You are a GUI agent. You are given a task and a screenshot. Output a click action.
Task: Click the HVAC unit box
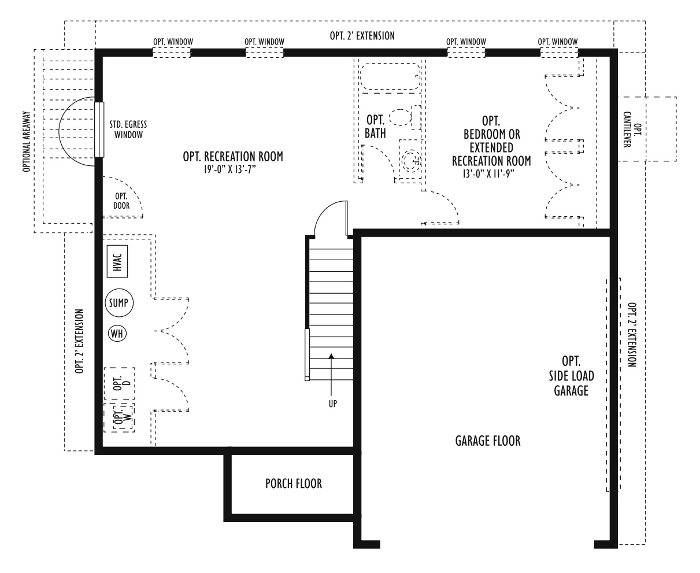tap(117, 261)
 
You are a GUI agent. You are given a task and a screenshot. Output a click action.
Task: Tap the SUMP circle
tap(119, 303)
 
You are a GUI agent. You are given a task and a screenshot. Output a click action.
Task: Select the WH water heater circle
tap(117, 333)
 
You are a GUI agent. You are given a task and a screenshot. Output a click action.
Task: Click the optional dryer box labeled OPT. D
tap(119, 383)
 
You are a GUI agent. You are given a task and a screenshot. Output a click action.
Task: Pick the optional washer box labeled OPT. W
tap(119, 417)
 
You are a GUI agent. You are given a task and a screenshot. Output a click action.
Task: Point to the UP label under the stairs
tap(332, 404)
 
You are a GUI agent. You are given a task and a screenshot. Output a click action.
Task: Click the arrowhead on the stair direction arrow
tap(331, 356)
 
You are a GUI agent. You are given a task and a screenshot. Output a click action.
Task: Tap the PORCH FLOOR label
tap(294, 484)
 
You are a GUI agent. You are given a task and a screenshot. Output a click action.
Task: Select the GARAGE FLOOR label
tap(488, 441)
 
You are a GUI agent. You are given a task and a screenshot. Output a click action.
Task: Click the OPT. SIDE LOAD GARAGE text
tap(571, 376)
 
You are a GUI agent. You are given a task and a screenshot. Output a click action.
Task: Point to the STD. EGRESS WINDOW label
tap(128, 130)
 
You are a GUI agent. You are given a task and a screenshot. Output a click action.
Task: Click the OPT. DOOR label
tap(121, 201)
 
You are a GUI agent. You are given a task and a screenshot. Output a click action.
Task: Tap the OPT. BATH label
tap(375, 127)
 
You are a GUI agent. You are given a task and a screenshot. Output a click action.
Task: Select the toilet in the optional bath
tap(405, 117)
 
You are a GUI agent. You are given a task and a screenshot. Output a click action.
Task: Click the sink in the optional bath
tap(410, 160)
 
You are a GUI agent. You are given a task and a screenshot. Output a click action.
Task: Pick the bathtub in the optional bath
tap(390, 76)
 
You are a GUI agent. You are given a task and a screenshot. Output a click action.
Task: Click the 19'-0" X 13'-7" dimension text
tap(229, 169)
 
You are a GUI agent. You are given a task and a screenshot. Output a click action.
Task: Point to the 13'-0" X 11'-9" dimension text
tap(488, 173)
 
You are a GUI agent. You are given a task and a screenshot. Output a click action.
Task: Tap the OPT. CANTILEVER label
tap(632, 130)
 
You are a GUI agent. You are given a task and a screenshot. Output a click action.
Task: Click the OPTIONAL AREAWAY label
tap(27, 142)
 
